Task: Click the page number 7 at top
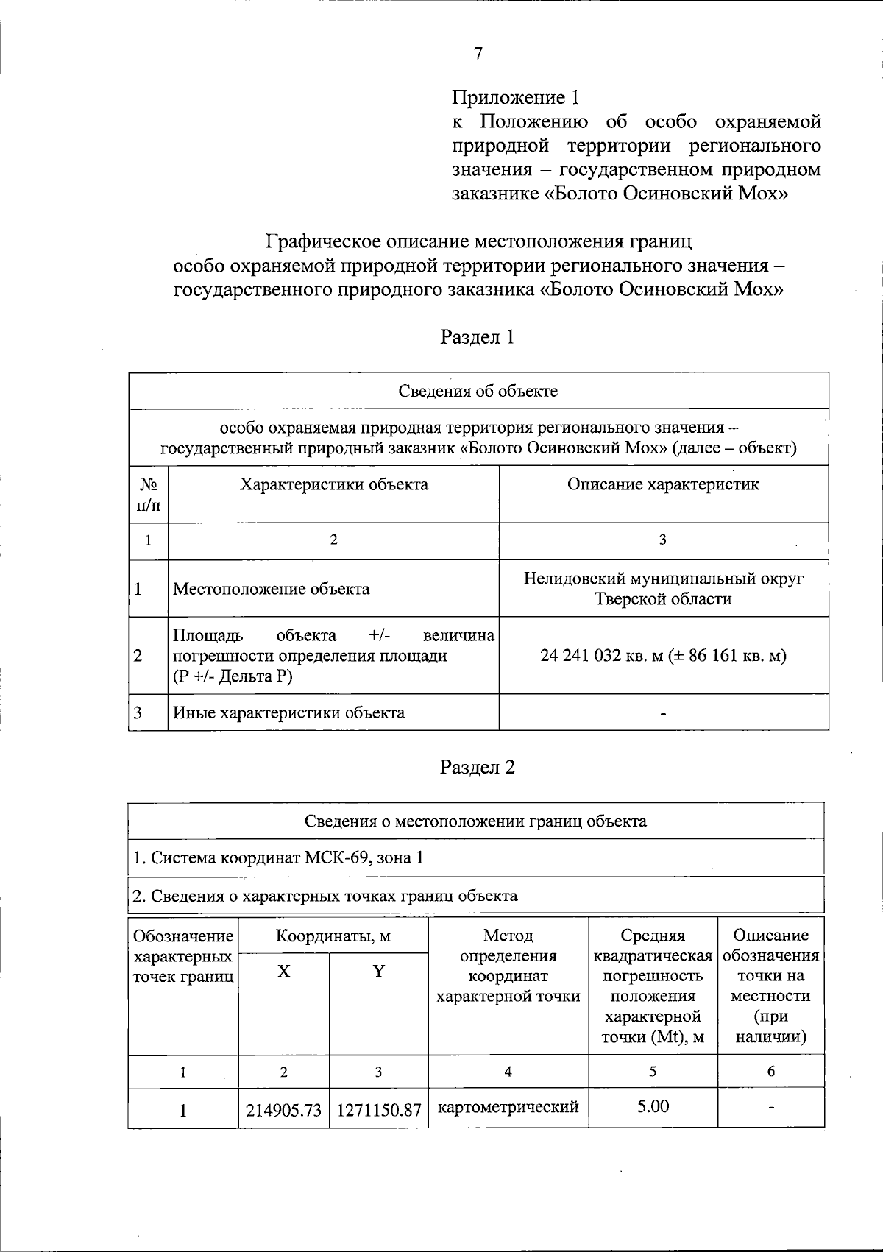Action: click(x=478, y=53)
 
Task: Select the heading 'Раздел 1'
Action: click(x=477, y=337)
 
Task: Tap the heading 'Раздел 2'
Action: click(x=477, y=767)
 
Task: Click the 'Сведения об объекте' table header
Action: click(x=478, y=391)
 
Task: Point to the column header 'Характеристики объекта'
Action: click(x=333, y=484)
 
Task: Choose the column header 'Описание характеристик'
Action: click(x=663, y=484)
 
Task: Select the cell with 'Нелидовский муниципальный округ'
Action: click(x=663, y=579)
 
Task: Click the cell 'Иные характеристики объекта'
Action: click(x=288, y=712)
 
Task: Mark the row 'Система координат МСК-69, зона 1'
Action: click(x=278, y=857)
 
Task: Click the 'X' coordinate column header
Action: click(x=283, y=972)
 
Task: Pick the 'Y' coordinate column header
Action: click(x=378, y=972)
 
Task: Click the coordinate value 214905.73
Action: click(x=284, y=1109)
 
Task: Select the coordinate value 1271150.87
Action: click(x=378, y=1109)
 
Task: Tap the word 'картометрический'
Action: click(x=508, y=1107)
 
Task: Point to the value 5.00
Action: click(x=653, y=1106)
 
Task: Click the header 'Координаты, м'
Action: click(x=333, y=936)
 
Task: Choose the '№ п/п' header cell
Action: click(x=149, y=495)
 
